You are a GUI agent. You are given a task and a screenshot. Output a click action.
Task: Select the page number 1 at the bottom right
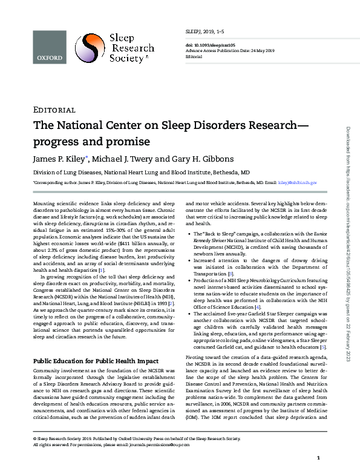318,458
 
